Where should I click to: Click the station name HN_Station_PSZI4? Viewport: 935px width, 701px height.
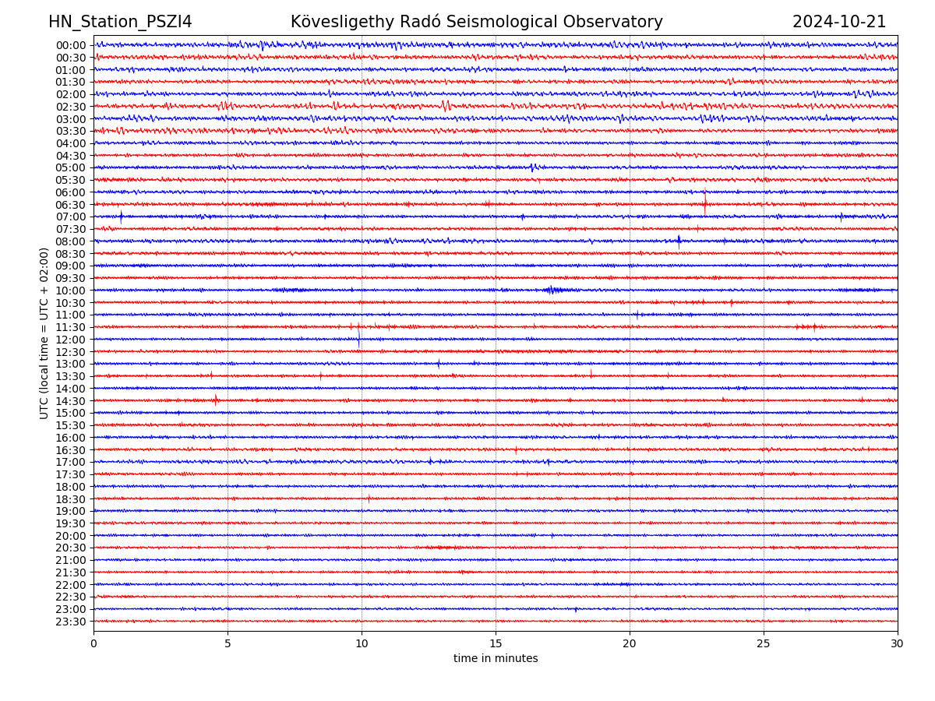tap(120, 22)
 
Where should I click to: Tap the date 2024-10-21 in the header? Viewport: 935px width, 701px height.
tap(839, 22)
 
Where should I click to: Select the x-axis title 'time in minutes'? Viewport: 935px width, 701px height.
tap(496, 659)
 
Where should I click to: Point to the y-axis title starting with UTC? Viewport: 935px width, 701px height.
tap(44, 333)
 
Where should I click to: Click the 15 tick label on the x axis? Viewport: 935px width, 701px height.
tap(496, 644)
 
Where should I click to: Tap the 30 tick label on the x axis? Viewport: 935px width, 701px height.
tap(898, 644)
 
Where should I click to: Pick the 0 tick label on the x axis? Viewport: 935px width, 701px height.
tap(93, 644)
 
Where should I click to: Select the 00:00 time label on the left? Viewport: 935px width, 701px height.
tap(70, 45)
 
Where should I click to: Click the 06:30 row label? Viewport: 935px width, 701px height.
tap(70, 205)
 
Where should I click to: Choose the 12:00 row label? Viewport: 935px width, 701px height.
tap(70, 340)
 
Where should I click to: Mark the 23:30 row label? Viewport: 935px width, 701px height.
tap(70, 622)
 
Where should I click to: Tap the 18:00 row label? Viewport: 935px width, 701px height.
tap(70, 487)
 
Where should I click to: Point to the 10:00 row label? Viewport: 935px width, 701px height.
tap(70, 291)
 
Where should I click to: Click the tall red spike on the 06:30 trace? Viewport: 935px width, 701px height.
tap(704, 202)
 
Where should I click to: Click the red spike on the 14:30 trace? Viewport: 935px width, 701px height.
tap(216, 400)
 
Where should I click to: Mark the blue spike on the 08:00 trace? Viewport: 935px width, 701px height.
tap(679, 240)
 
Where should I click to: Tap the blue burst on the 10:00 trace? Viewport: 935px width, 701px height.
tap(552, 290)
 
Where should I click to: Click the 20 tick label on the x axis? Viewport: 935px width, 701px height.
tap(630, 644)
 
